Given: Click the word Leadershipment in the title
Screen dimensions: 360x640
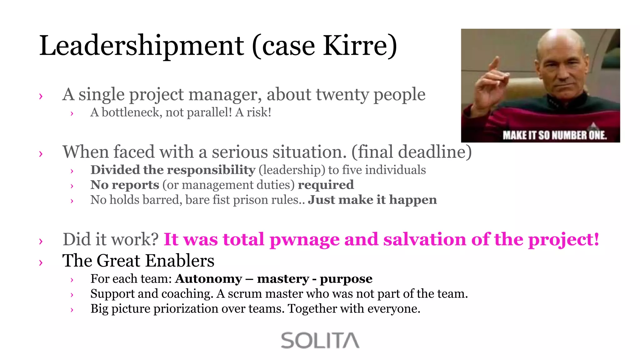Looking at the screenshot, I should pyautogui.click(x=141, y=46).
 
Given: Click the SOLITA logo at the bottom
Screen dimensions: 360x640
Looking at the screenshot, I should pyautogui.click(x=320, y=340).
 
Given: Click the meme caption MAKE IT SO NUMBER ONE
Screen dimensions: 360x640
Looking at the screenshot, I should pyautogui.click(x=554, y=135).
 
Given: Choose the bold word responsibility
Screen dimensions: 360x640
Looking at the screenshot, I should pyautogui.click(x=212, y=170).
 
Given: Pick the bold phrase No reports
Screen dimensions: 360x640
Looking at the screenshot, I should pyautogui.click(x=125, y=185).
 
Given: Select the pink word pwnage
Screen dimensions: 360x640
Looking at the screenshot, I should pyautogui.click(x=304, y=240).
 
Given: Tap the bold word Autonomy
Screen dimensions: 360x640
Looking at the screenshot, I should pyautogui.click(x=208, y=279).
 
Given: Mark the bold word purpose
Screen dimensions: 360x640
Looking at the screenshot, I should pyautogui.click(x=346, y=279).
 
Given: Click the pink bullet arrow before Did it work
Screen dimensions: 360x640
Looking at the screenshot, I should pyautogui.click(x=41, y=241).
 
